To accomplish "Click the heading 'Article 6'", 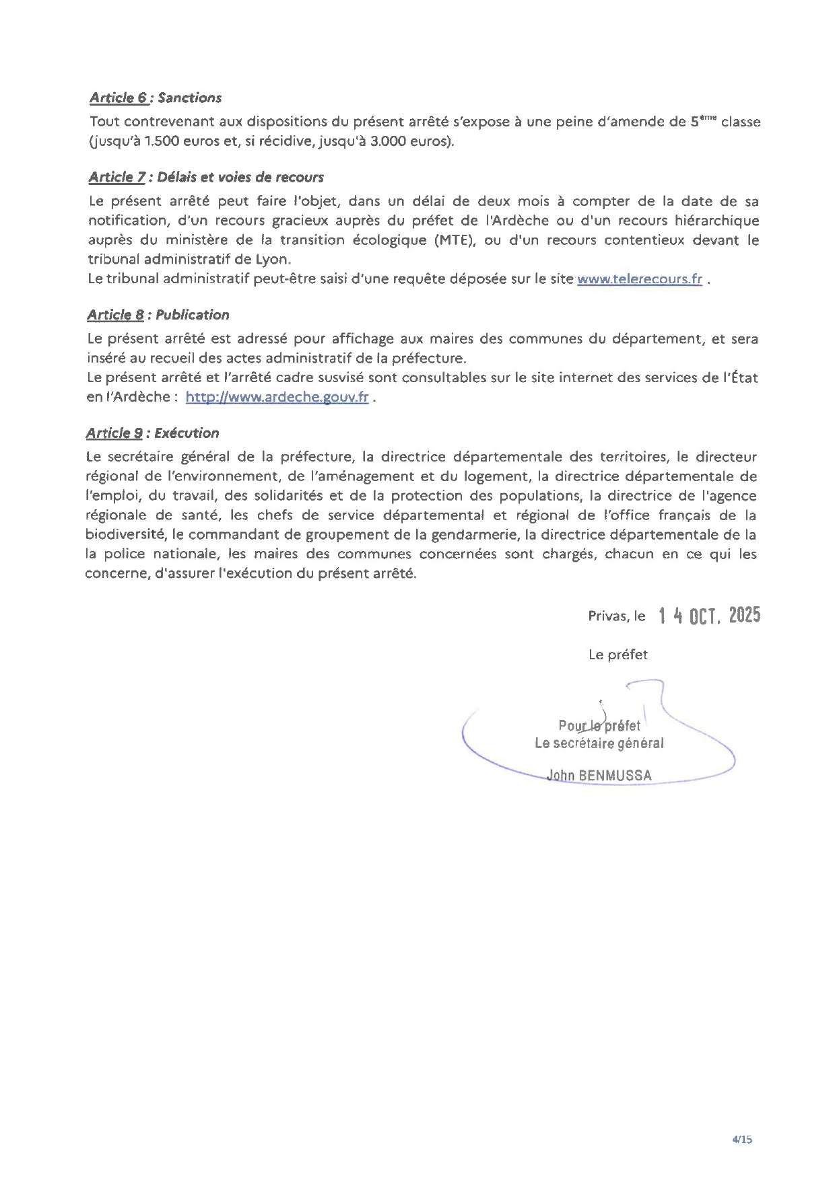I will point(119,98).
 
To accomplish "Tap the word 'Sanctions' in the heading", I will point(189,98).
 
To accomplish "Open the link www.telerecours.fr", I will point(640,279).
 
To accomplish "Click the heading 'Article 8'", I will point(115,315).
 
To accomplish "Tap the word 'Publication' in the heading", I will point(192,315).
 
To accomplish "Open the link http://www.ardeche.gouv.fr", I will point(277,397).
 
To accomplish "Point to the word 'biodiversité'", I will point(126,535).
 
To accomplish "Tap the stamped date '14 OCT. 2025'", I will point(709,615).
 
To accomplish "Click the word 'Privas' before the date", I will point(607,616).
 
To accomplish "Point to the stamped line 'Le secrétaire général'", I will point(599,743).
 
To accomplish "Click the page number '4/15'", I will point(741,1139).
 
